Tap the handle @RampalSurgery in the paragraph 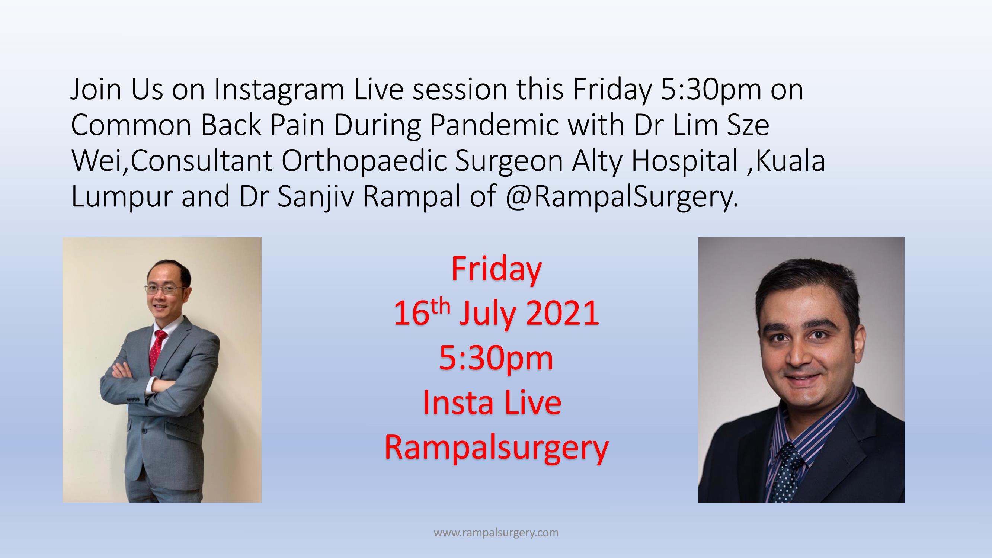[x=621, y=197]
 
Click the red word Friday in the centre [x=496, y=269]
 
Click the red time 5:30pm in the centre [x=496, y=359]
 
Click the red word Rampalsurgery [x=496, y=448]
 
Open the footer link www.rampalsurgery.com [x=496, y=533]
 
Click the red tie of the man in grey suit [x=157, y=349]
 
